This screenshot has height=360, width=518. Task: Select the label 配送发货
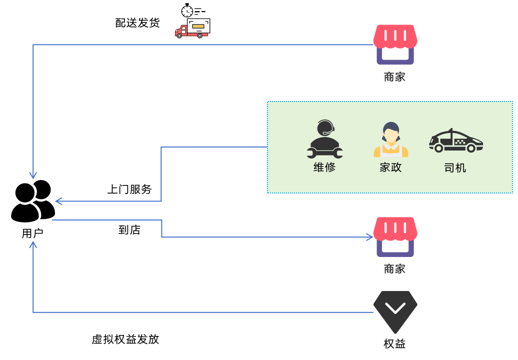click(x=137, y=23)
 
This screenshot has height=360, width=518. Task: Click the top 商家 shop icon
click(x=395, y=44)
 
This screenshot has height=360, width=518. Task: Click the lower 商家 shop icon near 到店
click(x=395, y=236)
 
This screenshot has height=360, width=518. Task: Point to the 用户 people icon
click(x=33, y=201)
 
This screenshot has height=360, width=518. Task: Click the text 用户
click(x=32, y=233)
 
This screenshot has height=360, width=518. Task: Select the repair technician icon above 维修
click(x=324, y=139)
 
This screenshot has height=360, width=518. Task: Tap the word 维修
click(x=324, y=167)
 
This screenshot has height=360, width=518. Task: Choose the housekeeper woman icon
click(x=390, y=139)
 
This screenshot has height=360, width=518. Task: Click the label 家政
click(x=390, y=167)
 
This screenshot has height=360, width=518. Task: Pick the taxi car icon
click(x=455, y=141)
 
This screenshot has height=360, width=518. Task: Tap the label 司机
click(x=455, y=167)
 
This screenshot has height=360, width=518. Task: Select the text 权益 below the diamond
click(x=394, y=344)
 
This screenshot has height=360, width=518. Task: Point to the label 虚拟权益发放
click(x=125, y=339)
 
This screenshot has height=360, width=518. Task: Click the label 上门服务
click(x=129, y=189)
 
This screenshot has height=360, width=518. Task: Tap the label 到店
click(x=129, y=230)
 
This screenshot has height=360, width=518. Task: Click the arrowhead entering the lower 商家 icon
click(x=369, y=237)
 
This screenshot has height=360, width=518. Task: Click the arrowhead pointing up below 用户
click(x=33, y=244)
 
